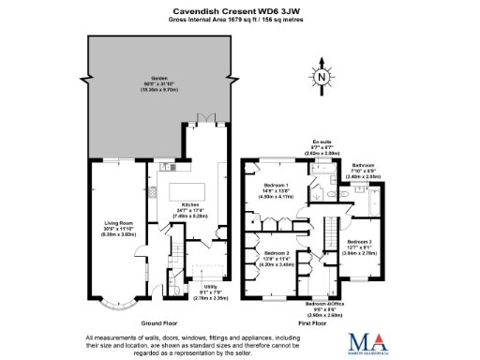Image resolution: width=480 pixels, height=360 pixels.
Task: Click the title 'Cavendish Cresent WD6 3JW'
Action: click(239, 8)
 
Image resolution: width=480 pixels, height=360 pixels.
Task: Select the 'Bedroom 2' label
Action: click(276, 254)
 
